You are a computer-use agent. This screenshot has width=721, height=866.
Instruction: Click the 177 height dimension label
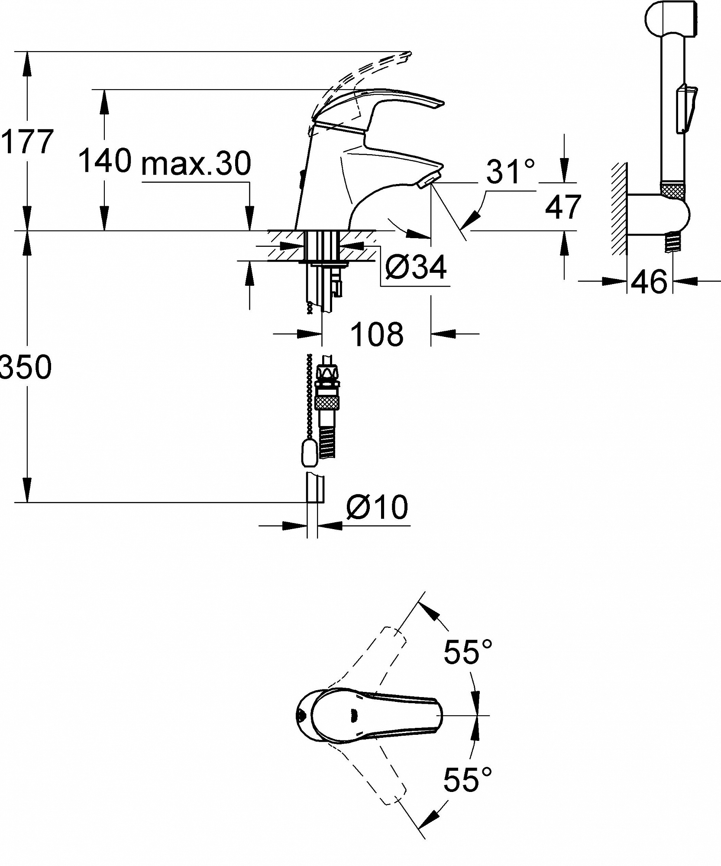point(27,142)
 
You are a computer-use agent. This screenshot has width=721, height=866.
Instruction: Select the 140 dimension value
point(105,160)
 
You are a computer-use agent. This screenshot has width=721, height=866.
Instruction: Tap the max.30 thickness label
point(196,163)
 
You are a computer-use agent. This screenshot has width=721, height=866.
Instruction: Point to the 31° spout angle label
point(510,171)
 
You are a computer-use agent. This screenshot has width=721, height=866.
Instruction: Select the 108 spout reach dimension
point(377,334)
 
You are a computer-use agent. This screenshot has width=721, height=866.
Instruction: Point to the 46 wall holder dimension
point(650,281)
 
